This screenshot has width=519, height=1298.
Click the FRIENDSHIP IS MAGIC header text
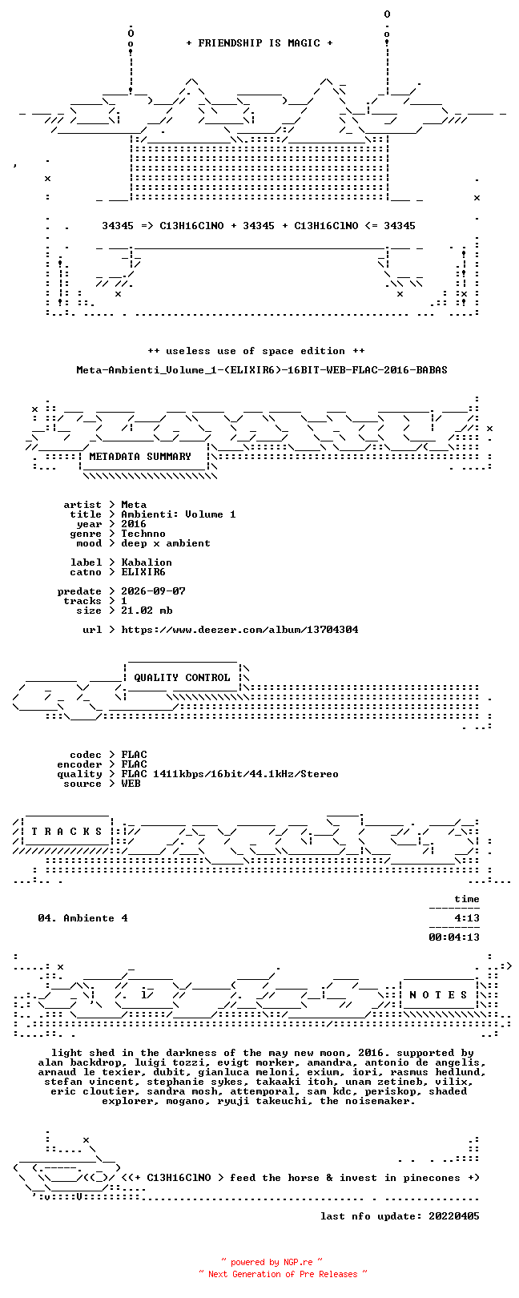point(259,43)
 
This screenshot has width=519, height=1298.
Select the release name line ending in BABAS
point(262,369)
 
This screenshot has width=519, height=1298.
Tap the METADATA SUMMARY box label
point(140,457)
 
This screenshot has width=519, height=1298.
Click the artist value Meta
point(134,505)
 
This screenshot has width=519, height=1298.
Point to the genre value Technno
point(143,534)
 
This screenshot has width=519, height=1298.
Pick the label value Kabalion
point(147,562)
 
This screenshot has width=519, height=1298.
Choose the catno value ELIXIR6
point(143,572)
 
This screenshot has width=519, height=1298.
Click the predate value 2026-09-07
point(153,591)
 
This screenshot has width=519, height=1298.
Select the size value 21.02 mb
point(147,611)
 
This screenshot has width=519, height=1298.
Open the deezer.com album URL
point(239,629)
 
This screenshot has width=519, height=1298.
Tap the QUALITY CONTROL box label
point(182,678)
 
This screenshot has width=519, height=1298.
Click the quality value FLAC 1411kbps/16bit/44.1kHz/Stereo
point(230,774)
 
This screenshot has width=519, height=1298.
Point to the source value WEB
point(131,784)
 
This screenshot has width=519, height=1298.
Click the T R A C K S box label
point(66,832)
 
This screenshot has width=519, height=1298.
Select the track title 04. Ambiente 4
point(82,918)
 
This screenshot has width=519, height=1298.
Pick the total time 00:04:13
point(454,937)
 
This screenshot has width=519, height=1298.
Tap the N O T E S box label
point(438,995)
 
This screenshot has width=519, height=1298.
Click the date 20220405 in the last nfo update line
point(454,1216)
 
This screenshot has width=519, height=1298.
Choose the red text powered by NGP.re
point(272,1262)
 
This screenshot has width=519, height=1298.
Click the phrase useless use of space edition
point(255,351)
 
